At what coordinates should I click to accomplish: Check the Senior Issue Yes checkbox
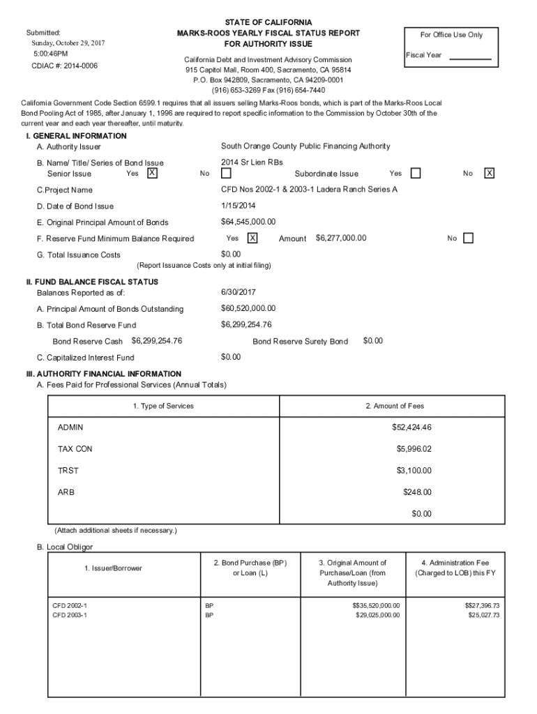pos(153,173)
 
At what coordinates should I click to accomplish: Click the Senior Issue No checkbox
pos(226,173)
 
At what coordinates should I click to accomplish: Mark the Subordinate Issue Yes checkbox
pos(416,173)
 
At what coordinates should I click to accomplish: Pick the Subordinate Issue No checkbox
pos(490,173)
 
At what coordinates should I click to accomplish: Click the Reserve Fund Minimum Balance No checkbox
pos(468,238)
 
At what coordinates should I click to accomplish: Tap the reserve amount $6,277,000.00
pos(341,238)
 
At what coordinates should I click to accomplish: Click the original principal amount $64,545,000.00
pos(248,222)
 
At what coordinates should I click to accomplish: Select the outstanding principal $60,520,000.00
pos(248,308)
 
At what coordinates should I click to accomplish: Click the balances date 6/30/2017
pos(236,292)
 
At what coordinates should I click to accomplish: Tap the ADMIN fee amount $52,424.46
pos(411,427)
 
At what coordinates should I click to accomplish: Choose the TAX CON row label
pos(75,449)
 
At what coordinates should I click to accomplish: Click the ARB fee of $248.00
pos(417,492)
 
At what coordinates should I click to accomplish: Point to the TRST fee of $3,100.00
pos(414,471)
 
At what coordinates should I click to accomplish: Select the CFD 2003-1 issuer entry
pos(70,616)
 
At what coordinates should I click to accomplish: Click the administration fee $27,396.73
pos(482,606)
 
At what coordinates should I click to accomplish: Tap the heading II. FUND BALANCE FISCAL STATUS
pos(91,282)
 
